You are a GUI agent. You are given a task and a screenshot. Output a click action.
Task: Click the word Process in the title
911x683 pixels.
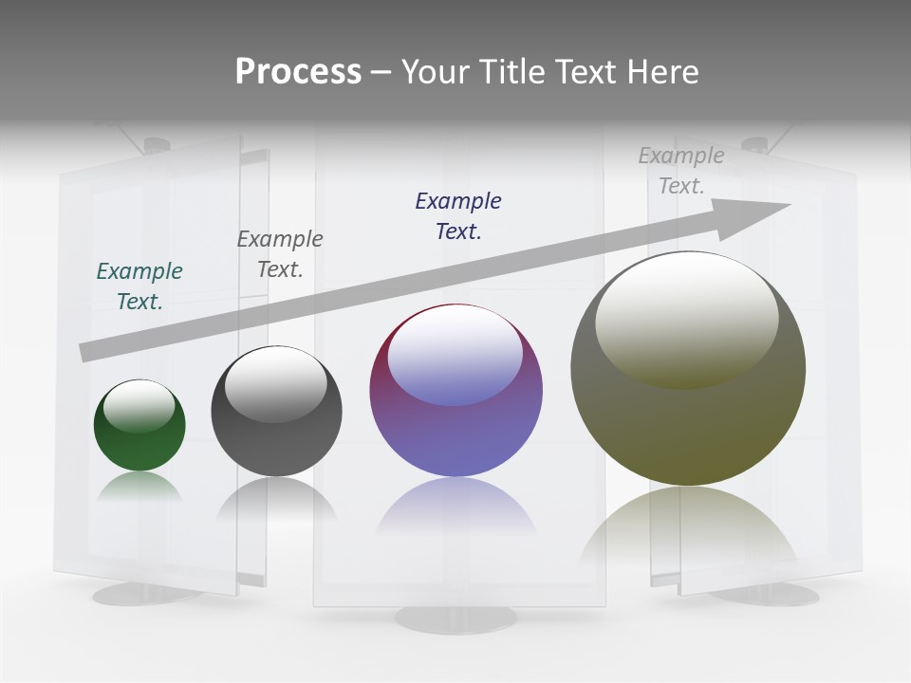pyautogui.click(x=298, y=71)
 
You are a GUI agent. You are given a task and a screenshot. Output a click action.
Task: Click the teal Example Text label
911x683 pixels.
pyautogui.click(x=139, y=286)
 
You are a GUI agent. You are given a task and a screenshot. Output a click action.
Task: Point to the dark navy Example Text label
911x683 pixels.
pyautogui.click(x=458, y=215)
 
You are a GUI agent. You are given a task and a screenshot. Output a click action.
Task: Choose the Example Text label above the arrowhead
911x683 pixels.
pyautogui.click(x=681, y=171)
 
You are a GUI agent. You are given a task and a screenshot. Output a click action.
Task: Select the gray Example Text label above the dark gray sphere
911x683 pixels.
pyautogui.click(x=280, y=253)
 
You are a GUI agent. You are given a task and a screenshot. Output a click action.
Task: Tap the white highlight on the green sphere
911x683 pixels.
pyautogui.click(x=139, y=406)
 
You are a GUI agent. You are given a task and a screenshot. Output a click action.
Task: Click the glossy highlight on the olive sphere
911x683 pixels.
pyautogui.click(x=686, y=318)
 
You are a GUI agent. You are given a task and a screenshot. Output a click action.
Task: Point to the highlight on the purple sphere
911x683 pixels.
pyautogui.click(x=455, y=356)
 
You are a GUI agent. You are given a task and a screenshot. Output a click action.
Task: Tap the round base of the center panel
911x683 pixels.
pyautogui.click(x=456, y=618)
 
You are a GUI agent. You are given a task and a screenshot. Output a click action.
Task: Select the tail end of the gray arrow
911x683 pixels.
pyautogui.click(x=90, y=351)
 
